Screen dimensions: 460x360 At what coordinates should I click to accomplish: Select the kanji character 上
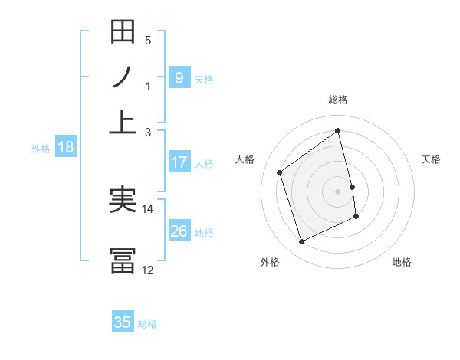[123, 123]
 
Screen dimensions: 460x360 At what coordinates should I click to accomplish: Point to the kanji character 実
[123, 201]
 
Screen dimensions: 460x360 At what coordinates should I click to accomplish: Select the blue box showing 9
[179, 77]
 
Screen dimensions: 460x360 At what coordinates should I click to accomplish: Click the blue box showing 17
[179, 162]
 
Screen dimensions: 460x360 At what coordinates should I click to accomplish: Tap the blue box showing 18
[65, 148]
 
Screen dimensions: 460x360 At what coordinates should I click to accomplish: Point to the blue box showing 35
[123, 322]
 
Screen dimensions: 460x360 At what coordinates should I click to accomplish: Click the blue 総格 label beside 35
[147, 324]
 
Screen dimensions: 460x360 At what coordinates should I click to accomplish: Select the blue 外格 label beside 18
[41, 149]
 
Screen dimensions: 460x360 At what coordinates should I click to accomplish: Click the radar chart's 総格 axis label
[338, 100]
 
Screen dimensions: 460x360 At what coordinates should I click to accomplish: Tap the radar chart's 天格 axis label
[432, 159]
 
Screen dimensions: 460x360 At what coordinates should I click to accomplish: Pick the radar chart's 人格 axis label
[245, 159]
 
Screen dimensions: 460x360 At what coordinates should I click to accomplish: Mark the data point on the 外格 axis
[301, 242]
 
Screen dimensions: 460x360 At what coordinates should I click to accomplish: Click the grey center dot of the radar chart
[338, 191]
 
